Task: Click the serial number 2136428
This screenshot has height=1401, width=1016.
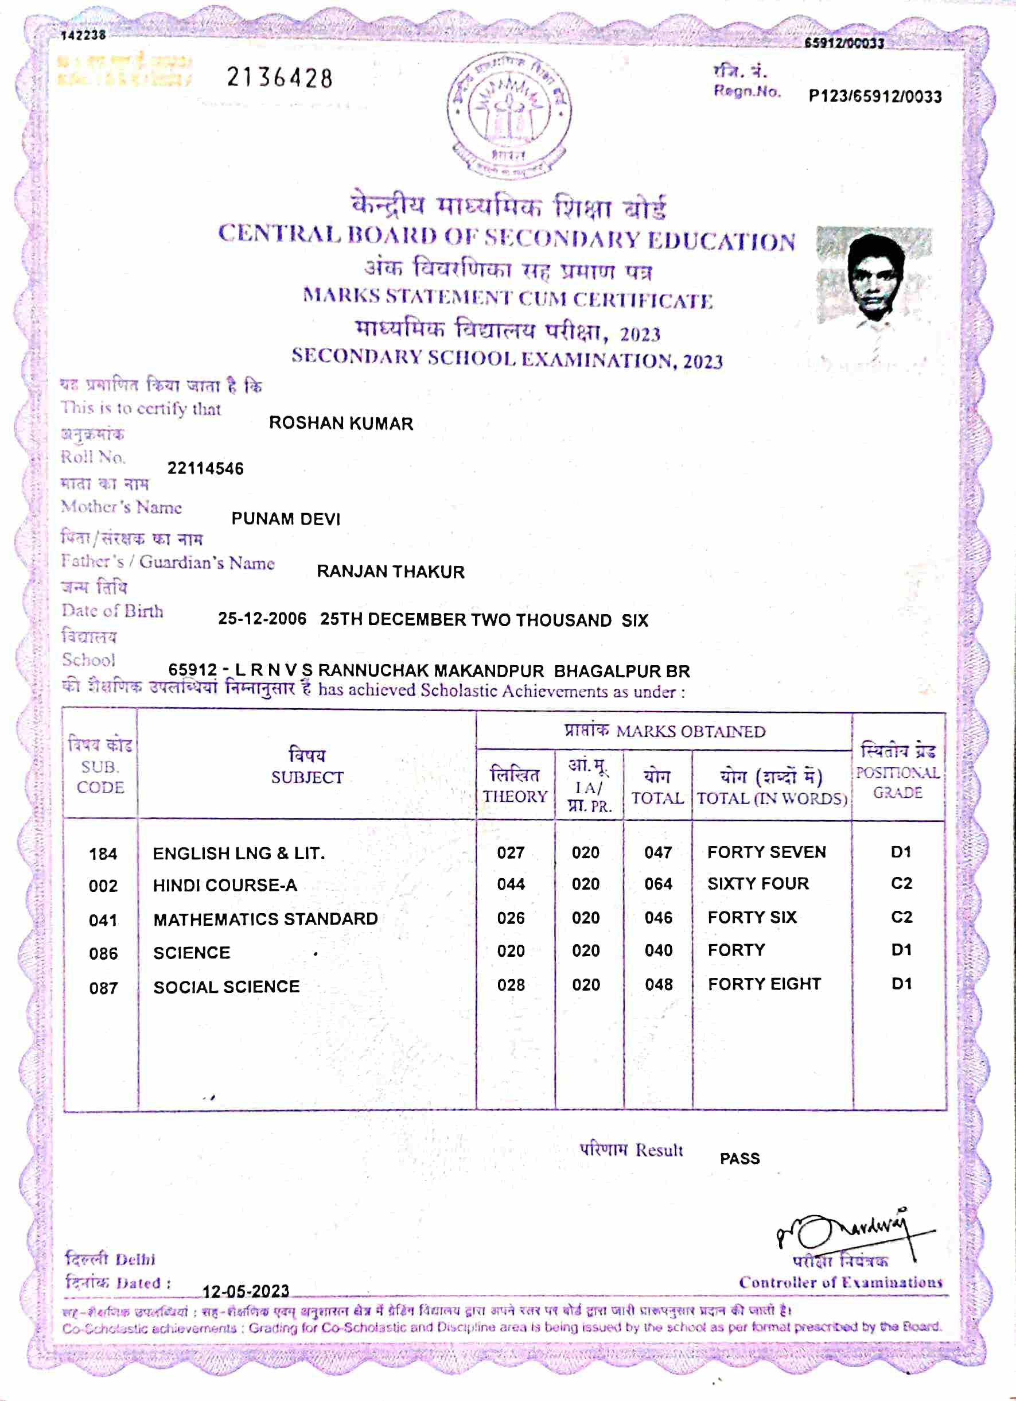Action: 280,79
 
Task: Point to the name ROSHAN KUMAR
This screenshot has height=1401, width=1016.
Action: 341,424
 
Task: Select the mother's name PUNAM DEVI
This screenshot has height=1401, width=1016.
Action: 286,519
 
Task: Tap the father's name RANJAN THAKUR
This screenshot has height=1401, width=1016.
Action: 390,572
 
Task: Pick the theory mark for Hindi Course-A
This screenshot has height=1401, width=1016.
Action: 511,884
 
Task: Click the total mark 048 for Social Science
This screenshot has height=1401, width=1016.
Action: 659,985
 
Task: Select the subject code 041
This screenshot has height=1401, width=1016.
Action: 103,921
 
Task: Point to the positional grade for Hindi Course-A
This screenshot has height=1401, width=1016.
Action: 901,884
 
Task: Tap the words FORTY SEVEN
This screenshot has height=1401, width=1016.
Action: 766,852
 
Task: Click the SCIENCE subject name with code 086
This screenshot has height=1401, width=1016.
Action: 192,953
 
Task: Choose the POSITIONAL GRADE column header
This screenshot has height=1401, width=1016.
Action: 897,772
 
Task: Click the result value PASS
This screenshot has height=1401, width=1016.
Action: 739,1159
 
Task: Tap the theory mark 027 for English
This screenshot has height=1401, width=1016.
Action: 511,853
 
